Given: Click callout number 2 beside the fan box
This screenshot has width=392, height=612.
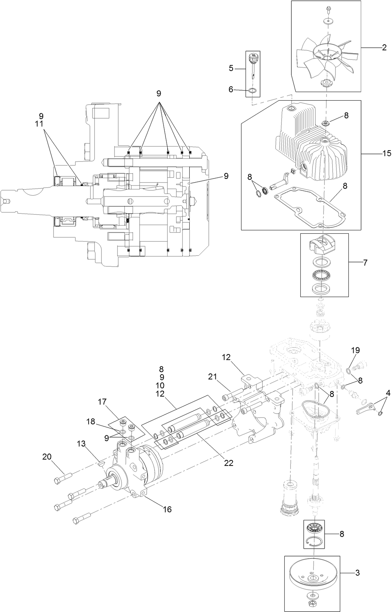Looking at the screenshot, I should (384, 47).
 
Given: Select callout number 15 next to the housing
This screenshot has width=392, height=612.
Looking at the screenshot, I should (386, 153).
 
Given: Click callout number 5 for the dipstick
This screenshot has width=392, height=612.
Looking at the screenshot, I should (231, 68).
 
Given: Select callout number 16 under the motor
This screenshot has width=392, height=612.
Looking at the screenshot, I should (167, 509).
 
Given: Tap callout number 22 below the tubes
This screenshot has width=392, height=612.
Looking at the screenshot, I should (228, 463).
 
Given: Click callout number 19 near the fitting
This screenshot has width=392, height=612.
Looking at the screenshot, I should (355, 350).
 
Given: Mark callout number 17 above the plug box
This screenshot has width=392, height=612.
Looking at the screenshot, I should (102, 402).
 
